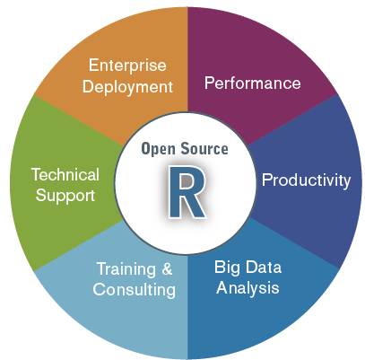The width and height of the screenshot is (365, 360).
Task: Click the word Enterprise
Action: [127, 66]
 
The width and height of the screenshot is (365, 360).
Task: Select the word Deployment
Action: [127, 87]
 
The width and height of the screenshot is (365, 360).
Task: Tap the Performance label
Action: [253, 83]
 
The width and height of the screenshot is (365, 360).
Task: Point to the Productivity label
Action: [306, 180]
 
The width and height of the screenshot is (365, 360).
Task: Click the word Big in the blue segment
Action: [227, 268]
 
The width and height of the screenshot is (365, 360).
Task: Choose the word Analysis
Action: [248, 288]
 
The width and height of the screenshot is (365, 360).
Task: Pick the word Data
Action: [264, 267]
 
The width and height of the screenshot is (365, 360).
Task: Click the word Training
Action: [126, 269]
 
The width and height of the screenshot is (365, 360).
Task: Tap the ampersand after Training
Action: [168, 268]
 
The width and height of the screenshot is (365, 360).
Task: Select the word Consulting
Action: [135, 290]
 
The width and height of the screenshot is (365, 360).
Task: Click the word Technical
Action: [65, 174]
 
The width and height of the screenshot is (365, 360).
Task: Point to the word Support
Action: [65, 196]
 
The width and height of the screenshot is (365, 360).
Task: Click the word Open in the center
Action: [158, 149]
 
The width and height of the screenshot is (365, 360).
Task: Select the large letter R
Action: [187, 191]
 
